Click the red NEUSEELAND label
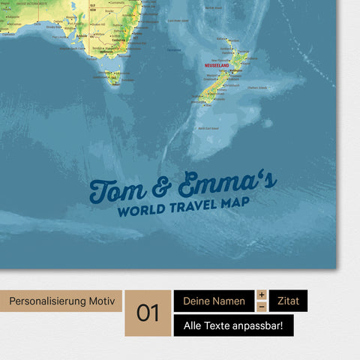click(220, 65)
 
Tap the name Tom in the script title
click(115, 189)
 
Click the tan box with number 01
click(148, 313)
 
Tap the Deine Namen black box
click(214, 301)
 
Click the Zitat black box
click(288, 301)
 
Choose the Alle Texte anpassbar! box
click(233, 325)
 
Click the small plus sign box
click(262, 295)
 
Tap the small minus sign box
click(262, 307)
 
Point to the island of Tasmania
click(113, 76)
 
